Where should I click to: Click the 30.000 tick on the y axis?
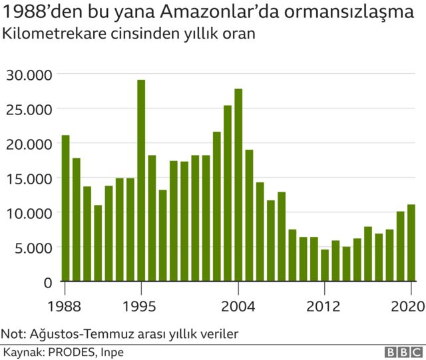29,74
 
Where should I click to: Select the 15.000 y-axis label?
29,178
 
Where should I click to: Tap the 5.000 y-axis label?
32,248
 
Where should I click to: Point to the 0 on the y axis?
48,282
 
